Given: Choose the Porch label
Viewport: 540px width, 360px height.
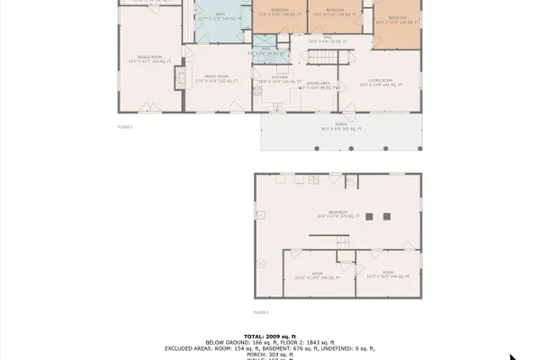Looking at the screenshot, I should tap(339, 128).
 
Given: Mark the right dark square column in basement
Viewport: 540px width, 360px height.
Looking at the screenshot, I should tap(387, 216).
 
